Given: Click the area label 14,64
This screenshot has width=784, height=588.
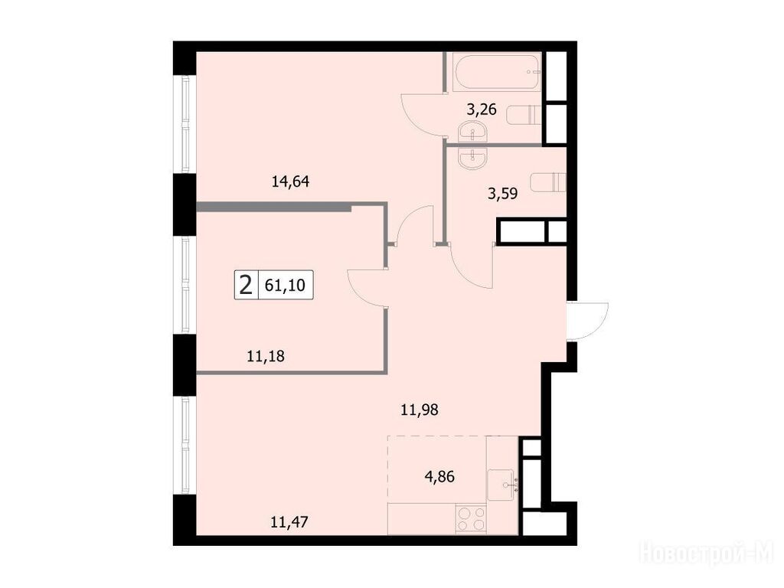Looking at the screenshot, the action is (290, 181).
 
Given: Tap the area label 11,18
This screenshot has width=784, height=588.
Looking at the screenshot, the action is (266, 356).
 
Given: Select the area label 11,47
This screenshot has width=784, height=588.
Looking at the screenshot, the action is (289, 522).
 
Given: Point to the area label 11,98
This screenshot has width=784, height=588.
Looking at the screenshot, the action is (420, 410).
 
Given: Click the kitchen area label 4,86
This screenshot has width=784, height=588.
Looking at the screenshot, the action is (439, 476).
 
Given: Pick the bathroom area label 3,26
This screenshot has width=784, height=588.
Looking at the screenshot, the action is (482, 109).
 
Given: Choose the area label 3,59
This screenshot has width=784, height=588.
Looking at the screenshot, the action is (502, 193).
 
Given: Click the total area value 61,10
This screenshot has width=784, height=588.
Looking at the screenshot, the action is (285, 285).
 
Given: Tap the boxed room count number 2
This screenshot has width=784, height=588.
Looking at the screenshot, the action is (246, 286).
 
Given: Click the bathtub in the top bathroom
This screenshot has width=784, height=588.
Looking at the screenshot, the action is (497, 71).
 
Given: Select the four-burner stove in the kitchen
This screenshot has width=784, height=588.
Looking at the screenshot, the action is (471, 519).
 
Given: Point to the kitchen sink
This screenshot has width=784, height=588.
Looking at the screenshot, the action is (503, 485).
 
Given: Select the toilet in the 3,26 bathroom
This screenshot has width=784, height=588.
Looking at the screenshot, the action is (524, 115).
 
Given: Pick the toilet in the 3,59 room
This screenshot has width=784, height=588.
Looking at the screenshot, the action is (548, 182).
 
